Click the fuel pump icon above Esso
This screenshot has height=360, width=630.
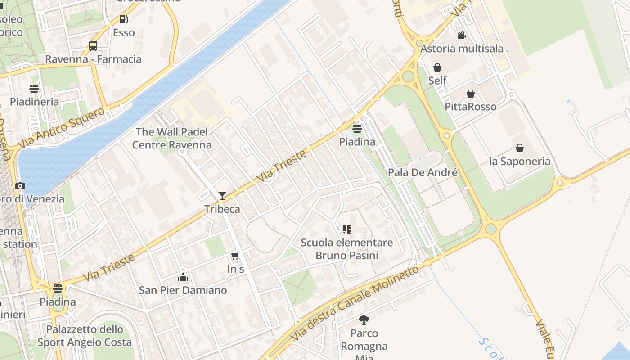(x=123, y=19)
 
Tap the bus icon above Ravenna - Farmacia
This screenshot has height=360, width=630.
(x=93, y=46)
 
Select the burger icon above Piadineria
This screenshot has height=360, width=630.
(x=34, y=88)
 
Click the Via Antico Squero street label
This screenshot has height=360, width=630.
(x=61, y=128)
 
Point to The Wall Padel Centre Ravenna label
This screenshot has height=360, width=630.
(x=172, y=138)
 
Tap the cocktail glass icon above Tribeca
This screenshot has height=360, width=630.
(x=222, y=195)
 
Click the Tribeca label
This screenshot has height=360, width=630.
(x=222, y=209)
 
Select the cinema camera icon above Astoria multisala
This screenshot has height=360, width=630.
(x=462, y=35)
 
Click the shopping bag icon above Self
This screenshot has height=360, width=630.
(x=437, y=67)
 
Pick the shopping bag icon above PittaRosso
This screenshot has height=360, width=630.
(x=470, y=94)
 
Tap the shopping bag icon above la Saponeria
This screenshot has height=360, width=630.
(x=519, y=148)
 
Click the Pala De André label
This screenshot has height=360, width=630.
(x=423, y=172)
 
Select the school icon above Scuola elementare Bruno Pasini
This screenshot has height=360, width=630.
(x=346, y=229)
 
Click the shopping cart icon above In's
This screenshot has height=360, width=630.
(x=235, y=256)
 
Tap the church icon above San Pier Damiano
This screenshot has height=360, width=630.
(x=183, y=277)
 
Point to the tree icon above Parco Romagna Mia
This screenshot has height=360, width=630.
(x=364, y=320)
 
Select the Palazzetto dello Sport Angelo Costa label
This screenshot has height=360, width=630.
(x=85, y=336)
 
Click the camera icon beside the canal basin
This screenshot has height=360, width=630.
(x=20, y=186)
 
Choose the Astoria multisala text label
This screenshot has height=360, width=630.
(x=462, y=49)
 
